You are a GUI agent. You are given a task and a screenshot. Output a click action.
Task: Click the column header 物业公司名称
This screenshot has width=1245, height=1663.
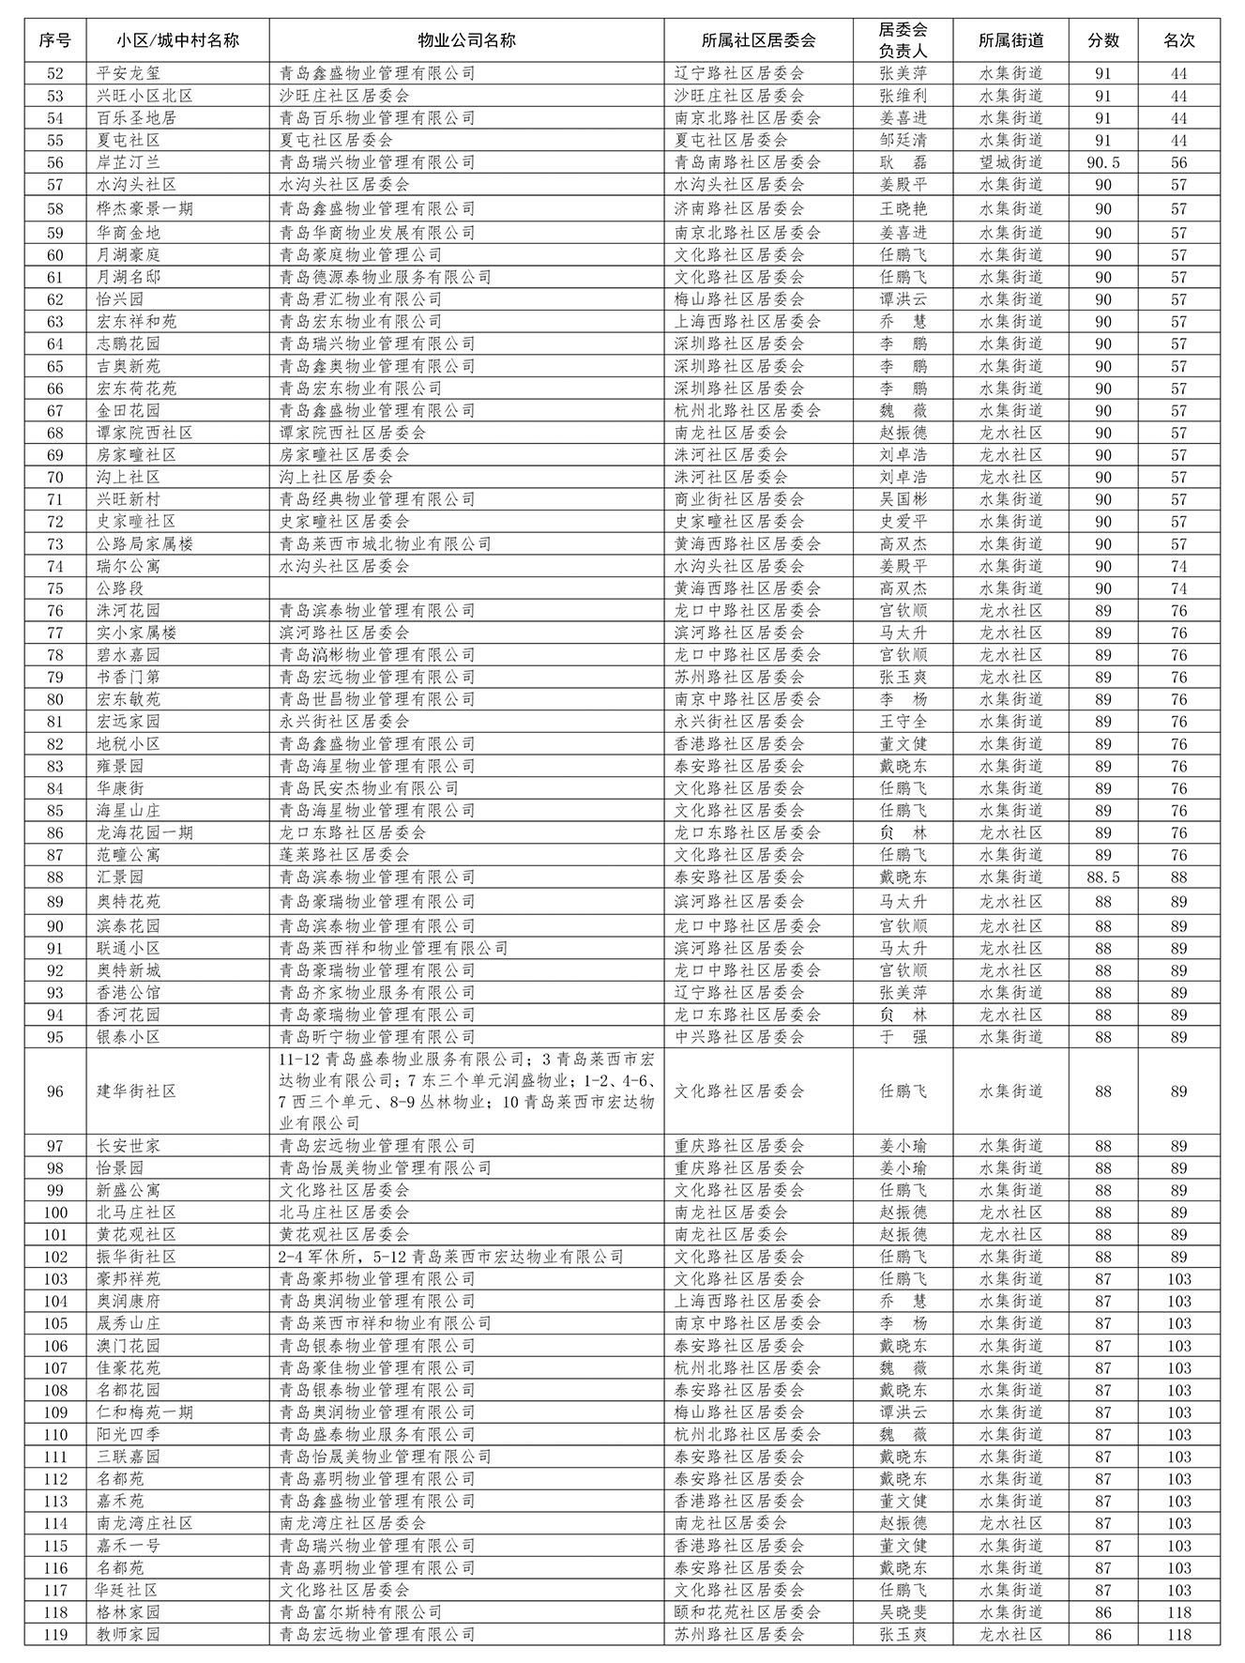point(466,40)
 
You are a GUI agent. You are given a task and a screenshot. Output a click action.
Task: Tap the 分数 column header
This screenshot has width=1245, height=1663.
point(1103,40)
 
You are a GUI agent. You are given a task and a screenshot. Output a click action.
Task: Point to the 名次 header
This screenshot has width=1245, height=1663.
point(1178,40)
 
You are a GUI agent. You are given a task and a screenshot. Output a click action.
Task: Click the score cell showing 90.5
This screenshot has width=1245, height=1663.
point(1103,162)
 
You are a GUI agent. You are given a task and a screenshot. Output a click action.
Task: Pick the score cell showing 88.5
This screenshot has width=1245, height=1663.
point(1103,877)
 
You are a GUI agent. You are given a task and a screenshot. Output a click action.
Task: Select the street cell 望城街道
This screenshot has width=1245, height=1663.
point(1010,162)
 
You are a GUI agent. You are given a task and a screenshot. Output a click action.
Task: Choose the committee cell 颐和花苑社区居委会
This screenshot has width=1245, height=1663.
point(748,1612)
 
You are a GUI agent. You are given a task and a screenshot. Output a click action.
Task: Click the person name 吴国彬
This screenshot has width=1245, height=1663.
point(903,499)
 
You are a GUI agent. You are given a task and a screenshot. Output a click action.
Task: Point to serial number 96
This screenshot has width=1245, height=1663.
point(55,1091)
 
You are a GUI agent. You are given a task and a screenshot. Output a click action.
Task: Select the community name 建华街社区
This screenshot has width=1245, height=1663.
point(137,1091)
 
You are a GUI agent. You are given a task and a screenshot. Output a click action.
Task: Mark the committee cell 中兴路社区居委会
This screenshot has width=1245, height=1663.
point(739,1037)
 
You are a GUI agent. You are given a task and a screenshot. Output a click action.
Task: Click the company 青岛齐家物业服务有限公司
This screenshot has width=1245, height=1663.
point(377,993)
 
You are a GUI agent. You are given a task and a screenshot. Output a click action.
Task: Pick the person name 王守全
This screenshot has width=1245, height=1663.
point(903,722)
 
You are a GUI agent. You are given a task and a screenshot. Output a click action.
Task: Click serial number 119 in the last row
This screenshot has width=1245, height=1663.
point(55,1634)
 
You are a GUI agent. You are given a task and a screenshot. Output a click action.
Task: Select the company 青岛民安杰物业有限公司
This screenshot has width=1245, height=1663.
point(369,788)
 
